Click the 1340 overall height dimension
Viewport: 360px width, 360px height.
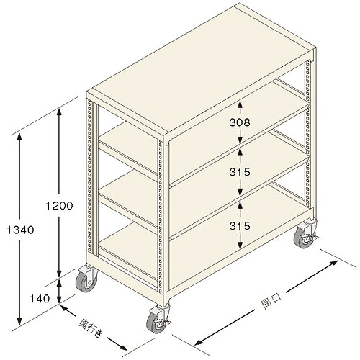(x=20, y=230)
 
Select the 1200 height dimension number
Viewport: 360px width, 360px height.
(x=59, y=206)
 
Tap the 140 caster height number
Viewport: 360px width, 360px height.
(x=40, y=299)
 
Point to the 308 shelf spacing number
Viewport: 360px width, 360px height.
(x=240, y=122)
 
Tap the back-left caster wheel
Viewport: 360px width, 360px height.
(x=86, y=279)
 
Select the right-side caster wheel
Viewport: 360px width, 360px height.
(x=305, y=233)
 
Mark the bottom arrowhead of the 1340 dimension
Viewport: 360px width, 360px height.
(x=19, y=320)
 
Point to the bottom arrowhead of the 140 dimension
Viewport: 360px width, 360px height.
(x=59, y=299)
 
